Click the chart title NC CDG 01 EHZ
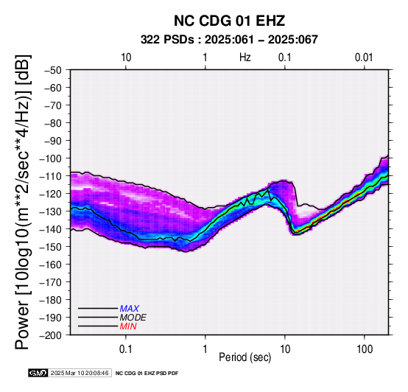[229, 21]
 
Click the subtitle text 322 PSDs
[167, 40]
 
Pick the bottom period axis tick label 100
[365, 349]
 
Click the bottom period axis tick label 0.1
[126, 349]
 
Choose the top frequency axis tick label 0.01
[364, 57]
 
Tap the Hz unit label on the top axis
[245, 57]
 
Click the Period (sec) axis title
[245, 357]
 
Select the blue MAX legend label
[130, 309]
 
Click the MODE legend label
[133, 318]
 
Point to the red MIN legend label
[128, 326]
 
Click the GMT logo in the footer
[38, 373]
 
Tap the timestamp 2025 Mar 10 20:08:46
[80, 373]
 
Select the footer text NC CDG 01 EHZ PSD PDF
[147, 374]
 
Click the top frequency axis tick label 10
[126, 57]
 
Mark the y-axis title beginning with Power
[23, 202]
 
